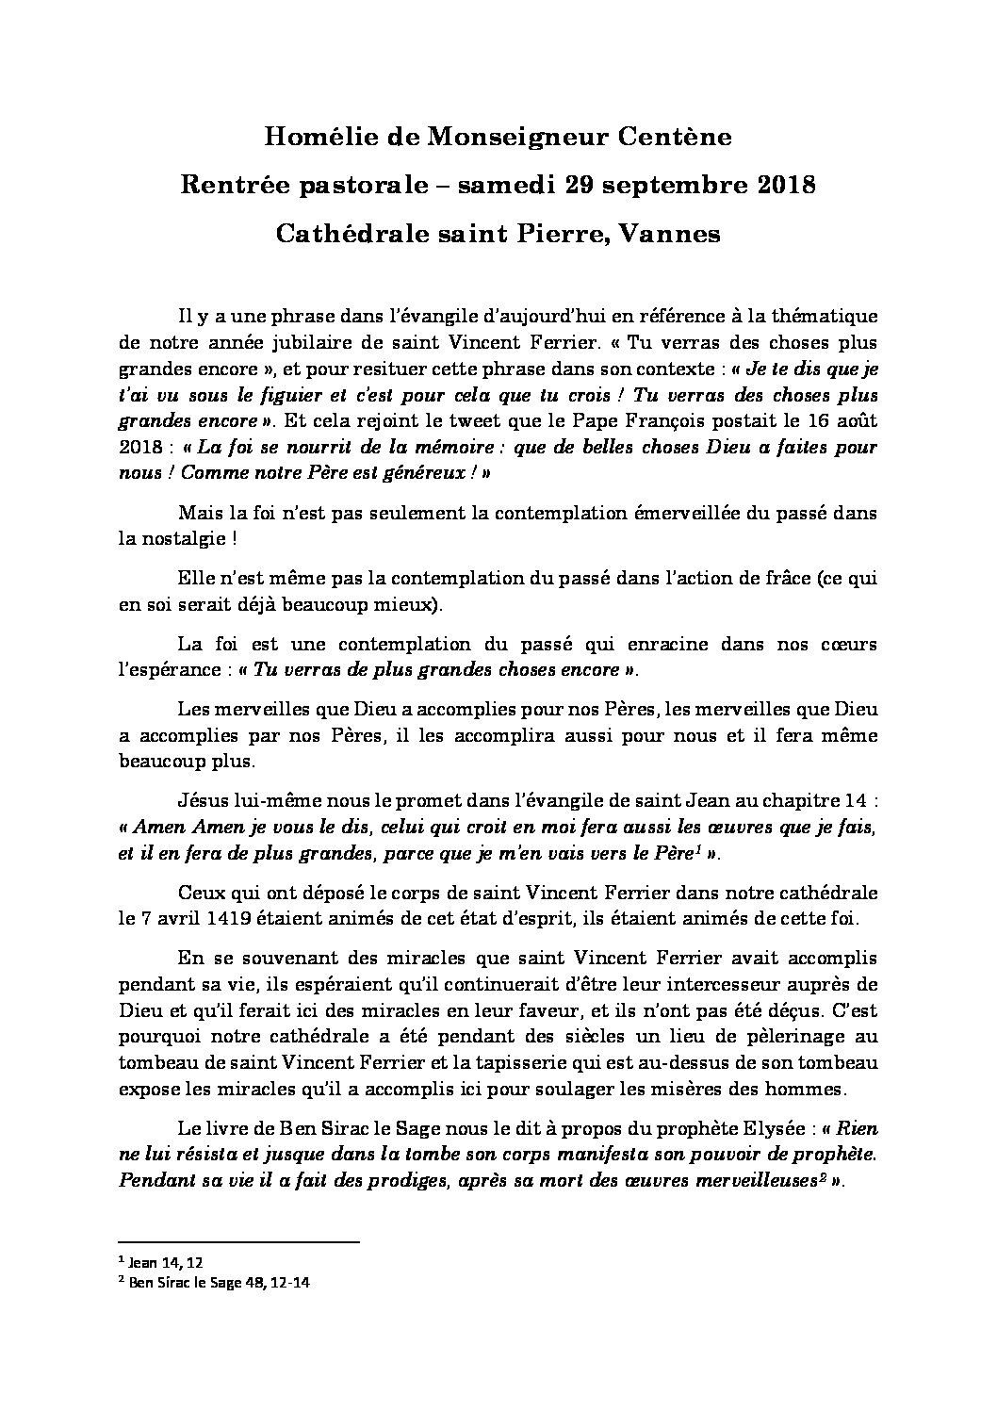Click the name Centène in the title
675,138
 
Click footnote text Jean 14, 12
165,1259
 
